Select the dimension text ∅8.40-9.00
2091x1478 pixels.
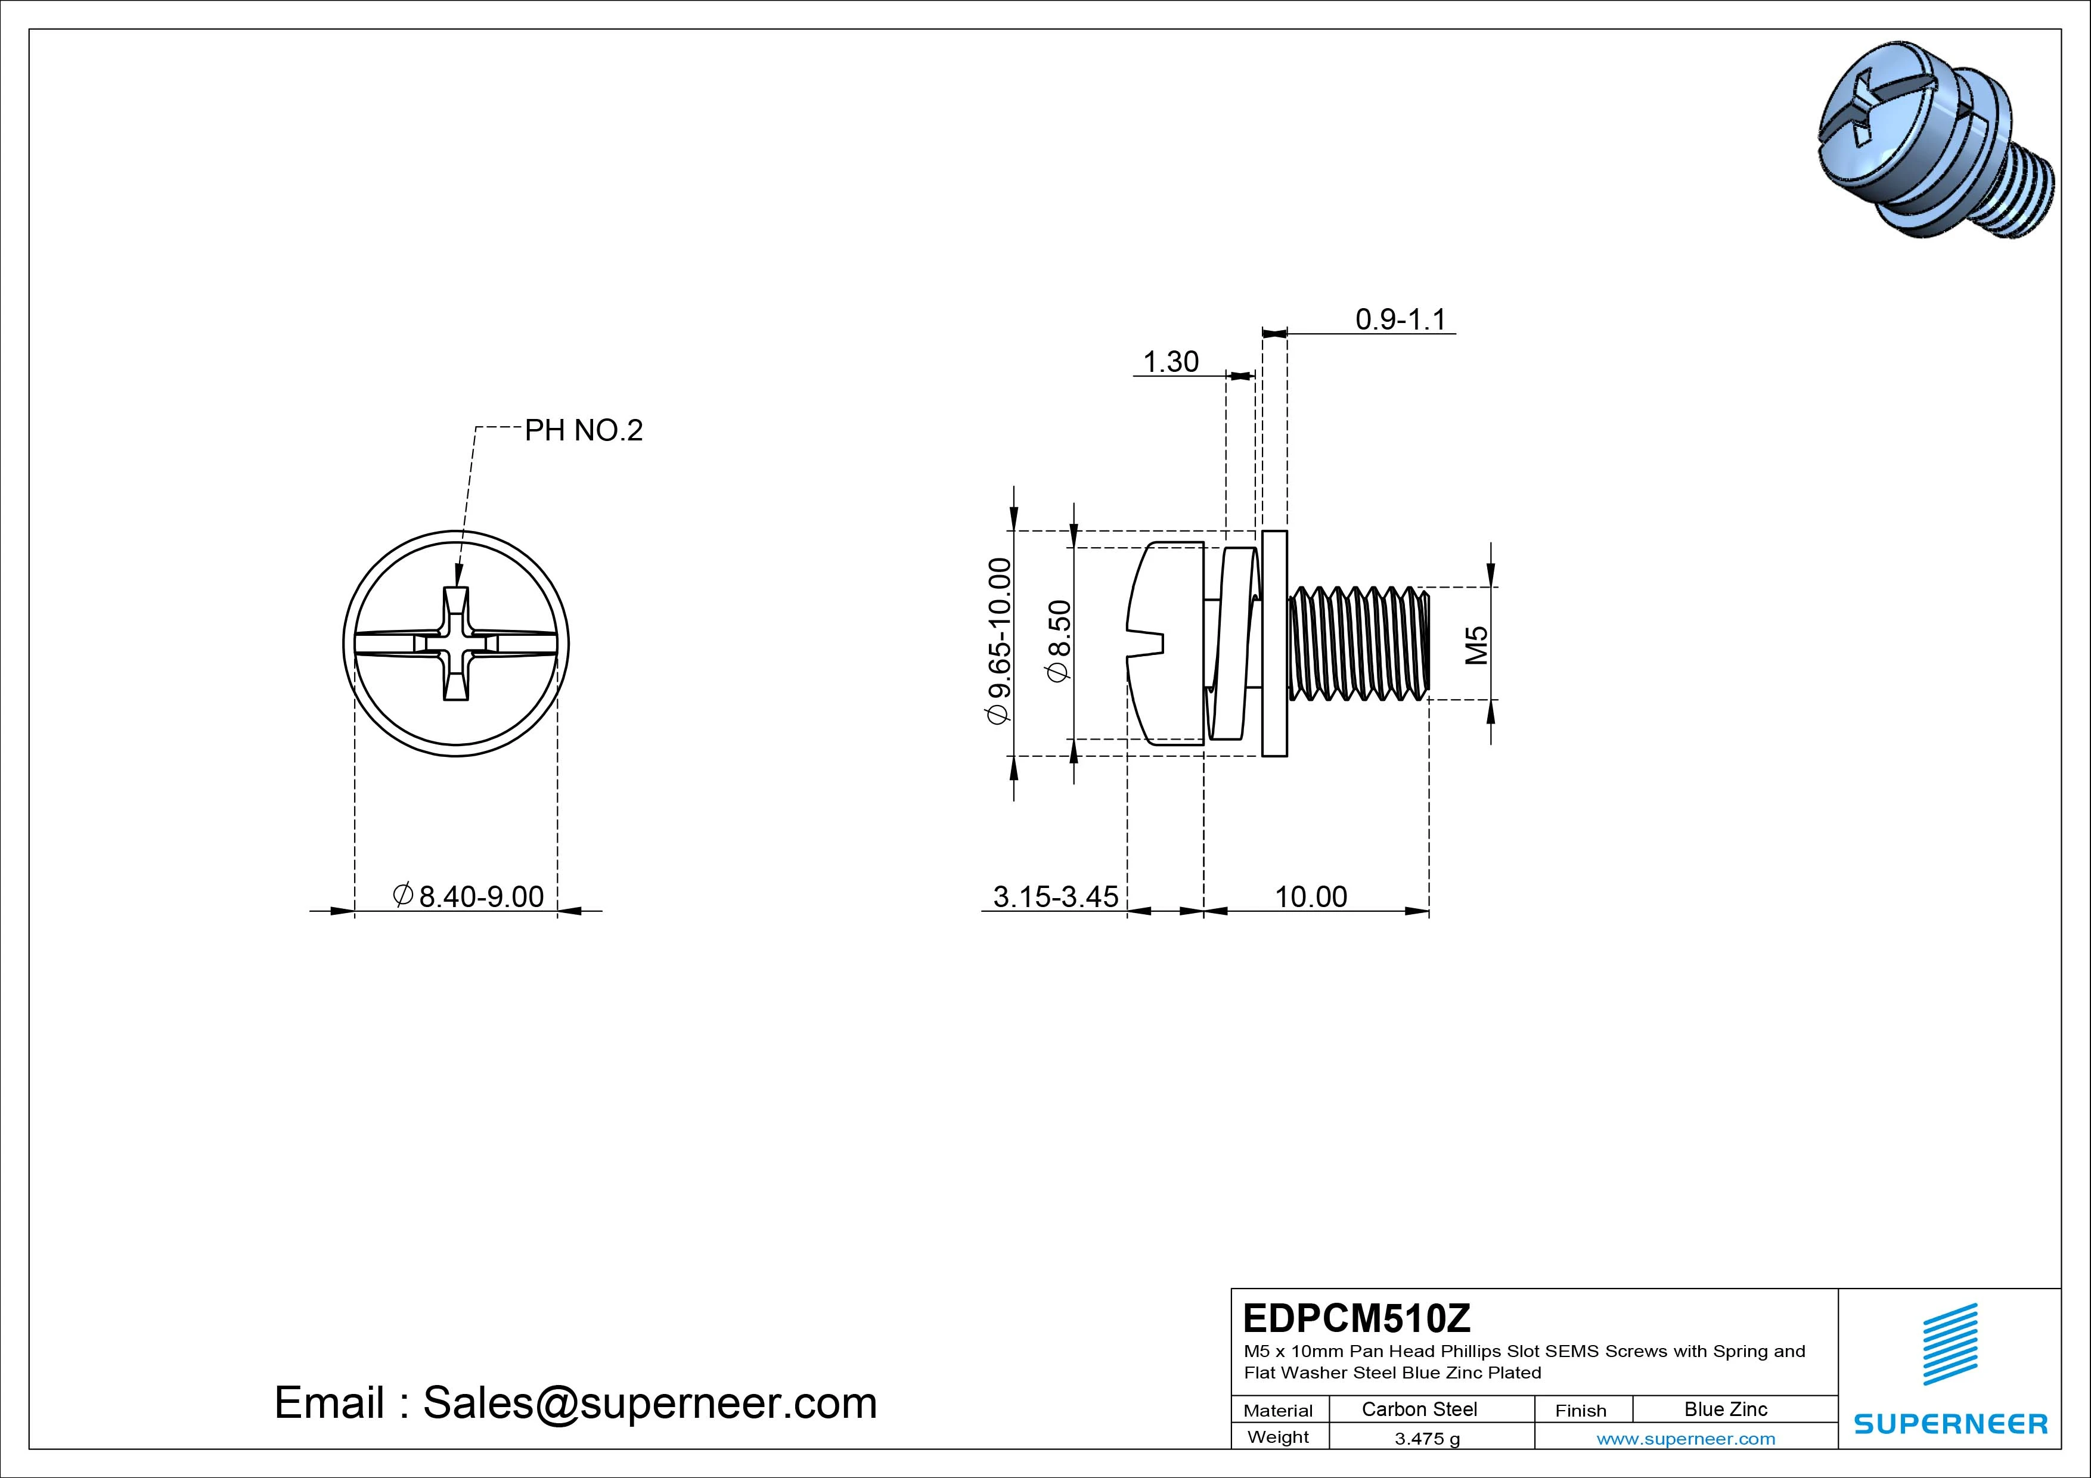(468, 896)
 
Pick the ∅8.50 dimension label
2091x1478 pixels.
(1060, 640)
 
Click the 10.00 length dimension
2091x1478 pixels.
(1311, 896)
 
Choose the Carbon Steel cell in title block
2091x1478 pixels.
(1419, 1409)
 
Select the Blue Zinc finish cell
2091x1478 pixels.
(1725, 1409)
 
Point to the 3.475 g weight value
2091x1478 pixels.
(1427, 1439)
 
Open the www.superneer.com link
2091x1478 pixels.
(1686, 1439)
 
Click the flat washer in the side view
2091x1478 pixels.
(1275, 643)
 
